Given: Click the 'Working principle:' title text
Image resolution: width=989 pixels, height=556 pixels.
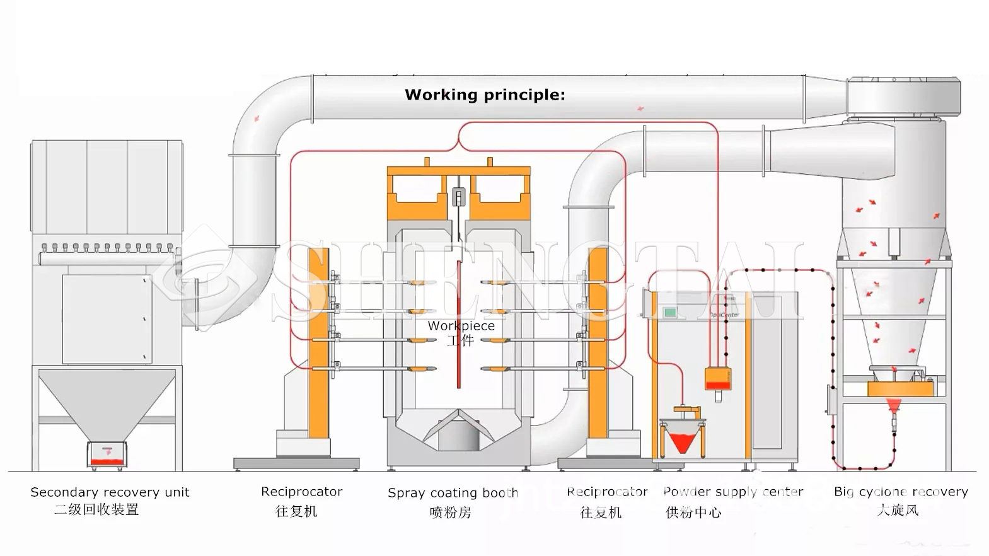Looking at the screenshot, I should point(485,95).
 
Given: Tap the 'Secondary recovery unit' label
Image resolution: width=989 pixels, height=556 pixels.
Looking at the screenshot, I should point(110,492).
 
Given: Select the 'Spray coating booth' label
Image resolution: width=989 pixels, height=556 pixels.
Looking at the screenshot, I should point(453,493).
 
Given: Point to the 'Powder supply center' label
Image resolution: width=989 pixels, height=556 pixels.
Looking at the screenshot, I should point(733,492).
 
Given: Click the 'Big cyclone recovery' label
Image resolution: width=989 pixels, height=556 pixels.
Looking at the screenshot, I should point(901,492).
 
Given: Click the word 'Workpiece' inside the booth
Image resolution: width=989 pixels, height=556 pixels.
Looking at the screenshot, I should point(461,326).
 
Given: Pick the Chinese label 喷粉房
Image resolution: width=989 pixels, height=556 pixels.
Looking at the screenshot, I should point(450,512).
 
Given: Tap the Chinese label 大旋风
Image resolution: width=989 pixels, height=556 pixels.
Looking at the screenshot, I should point(898,510).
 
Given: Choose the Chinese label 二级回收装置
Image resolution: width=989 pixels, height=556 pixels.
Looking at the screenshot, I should point(96,509).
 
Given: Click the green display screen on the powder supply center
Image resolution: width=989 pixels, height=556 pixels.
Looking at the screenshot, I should point(669,312).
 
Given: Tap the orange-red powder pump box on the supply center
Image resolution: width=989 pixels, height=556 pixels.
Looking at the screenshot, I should point(718,378).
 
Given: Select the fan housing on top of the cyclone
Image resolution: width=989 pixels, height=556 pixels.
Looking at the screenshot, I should point(903,98).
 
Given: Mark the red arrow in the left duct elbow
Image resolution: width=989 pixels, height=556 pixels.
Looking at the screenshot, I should point(257,118).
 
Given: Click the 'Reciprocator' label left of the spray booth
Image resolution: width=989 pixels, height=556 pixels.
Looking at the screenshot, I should point(301,492).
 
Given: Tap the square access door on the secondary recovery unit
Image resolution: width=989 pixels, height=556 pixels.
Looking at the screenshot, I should point(107,318).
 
